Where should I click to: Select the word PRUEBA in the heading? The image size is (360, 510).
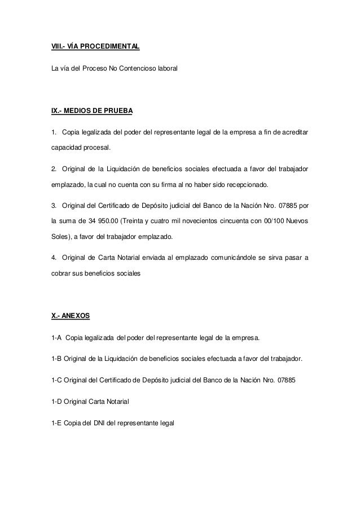click(x=117, y=111)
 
